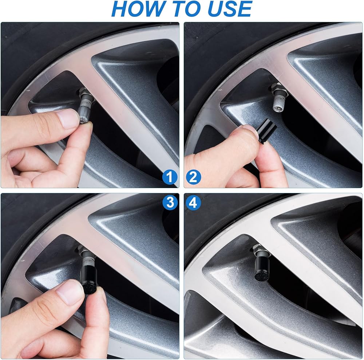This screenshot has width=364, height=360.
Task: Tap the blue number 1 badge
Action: (170, 177)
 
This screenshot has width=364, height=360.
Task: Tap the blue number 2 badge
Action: (194, 177)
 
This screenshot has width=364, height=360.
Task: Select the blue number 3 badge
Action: (170, 203)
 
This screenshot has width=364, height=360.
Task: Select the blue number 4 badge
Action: (193, 203)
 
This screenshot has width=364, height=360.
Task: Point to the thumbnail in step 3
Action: (70, 292)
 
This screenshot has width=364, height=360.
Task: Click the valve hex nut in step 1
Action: (83, 93)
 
